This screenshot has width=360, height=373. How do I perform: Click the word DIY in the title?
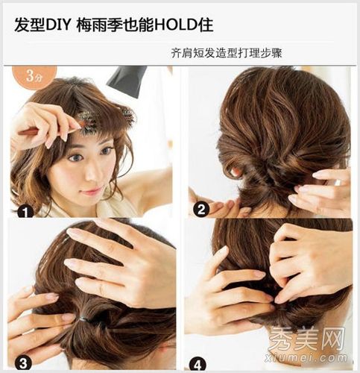pos(57,25)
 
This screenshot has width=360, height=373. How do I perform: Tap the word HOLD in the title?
pos(177,25)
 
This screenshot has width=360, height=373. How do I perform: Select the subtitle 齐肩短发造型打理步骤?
pos(227,53)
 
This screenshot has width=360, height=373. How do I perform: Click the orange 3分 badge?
pos(34,76)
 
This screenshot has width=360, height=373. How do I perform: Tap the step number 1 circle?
pos(25,212)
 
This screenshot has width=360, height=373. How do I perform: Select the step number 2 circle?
pos(201,210)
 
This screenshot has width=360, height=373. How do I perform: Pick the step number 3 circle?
pos(23,363)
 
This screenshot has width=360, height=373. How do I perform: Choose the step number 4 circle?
pos(198,365)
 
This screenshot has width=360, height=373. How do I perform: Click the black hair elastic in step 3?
pos(84,319)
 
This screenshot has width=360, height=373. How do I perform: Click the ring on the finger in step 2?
pos(338,183)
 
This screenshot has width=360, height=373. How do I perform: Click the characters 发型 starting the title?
pos(30,25)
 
